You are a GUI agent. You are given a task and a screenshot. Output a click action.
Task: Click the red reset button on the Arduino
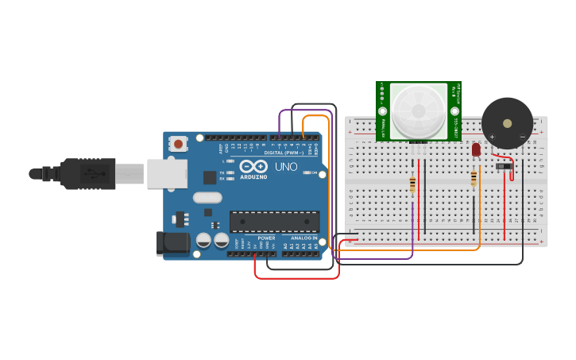[179, 144]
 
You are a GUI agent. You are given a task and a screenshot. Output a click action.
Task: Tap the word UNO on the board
[286, 167]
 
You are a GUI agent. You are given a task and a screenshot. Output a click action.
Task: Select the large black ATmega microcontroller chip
[274, 222]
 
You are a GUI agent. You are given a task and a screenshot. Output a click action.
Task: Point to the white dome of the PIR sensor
[419, 109]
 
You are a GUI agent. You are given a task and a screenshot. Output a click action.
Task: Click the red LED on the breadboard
[476, 149]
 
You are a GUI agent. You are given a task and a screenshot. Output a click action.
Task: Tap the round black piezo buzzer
[507, 123]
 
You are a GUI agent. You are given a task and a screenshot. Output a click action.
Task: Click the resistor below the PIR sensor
[412, 184]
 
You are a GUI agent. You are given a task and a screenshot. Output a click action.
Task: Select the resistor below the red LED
[474, 178]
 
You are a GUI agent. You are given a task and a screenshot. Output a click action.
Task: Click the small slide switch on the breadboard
[503, 166]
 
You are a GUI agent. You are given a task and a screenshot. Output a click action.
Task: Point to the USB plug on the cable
[87, 173]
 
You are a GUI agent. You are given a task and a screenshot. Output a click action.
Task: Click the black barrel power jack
[173, 243]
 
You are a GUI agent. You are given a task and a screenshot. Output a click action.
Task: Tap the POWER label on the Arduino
[267, 238]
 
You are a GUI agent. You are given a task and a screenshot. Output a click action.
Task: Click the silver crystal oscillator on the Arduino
[207, 198]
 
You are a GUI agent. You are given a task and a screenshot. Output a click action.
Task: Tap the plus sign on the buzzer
[492, 137]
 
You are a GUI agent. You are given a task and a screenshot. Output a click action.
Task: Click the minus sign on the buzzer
[522, 137]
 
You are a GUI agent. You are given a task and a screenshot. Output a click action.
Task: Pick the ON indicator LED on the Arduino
[305, 172]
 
